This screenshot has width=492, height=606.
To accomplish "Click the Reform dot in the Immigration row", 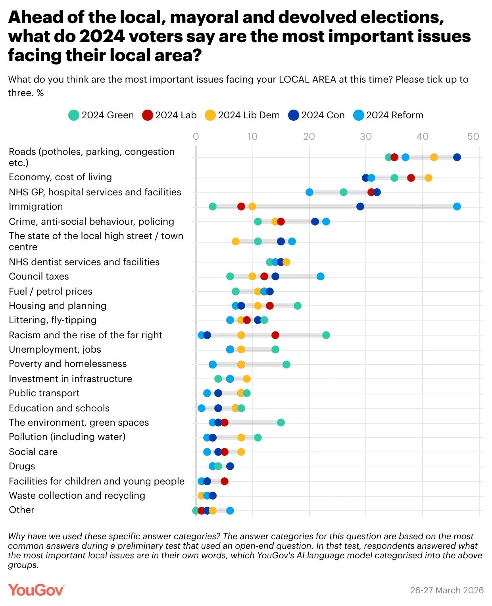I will point(457,207).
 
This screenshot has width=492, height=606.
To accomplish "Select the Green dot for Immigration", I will point(213,207).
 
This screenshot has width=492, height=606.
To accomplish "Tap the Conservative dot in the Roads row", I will point(457,157).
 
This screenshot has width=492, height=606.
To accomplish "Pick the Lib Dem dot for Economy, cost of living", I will point(428,178).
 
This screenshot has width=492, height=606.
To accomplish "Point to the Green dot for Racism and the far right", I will point(326,335).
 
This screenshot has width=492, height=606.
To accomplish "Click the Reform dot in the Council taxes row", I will point(320,276).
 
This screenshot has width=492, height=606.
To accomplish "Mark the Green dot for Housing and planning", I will point(298,306).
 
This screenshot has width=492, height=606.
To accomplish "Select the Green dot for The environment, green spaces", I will point(281,423).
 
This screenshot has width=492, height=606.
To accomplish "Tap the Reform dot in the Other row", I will point(230,511).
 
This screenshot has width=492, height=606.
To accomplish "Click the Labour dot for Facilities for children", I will point(224,481).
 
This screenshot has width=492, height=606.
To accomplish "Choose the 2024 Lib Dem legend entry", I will point(242,115).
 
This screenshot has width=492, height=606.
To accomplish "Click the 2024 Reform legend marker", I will point(359,115).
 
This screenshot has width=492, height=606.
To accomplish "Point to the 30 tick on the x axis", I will point(365,137).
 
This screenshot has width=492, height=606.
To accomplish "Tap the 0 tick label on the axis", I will point(196,137).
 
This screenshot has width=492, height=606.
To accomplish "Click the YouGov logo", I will point(36,590).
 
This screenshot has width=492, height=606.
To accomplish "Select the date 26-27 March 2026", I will point(447,590).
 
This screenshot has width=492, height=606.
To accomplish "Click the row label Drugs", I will point(22,466).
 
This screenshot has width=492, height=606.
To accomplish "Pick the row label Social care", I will point(33,452).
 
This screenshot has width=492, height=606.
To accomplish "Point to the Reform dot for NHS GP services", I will point(309,192).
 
